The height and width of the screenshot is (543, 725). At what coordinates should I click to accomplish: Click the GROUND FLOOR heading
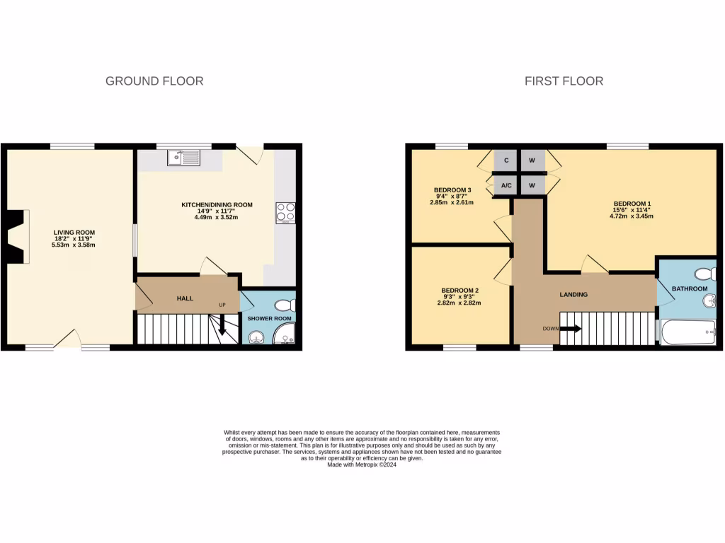pyautogui.click(x=154, y=81)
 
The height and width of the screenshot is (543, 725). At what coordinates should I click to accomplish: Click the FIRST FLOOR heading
pyautogui.click(x=564, y=81)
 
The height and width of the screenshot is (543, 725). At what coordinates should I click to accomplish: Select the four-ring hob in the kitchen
pyautogui.click(x=285, y=212)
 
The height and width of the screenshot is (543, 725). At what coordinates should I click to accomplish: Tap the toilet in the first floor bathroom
pyautogui.click(x=705, y=274)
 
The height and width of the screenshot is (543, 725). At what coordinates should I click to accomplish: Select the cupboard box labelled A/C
pyautogui.click(x=506, y=185)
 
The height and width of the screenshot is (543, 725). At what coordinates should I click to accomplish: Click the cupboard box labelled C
pyautogui.click(x=506, y=160)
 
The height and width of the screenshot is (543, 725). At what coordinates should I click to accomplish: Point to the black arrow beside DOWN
pyautogui.click(x=572, y=329)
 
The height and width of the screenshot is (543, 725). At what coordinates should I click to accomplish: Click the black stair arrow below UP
pyautogui.click(x=222, y=326)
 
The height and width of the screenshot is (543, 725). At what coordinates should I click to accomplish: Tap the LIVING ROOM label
pyautogui.click(x=74, y=232)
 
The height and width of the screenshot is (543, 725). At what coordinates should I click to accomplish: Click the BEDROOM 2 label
pyautogui.click(x=460, y=291)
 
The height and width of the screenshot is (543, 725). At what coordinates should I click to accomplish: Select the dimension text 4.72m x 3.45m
pyautogui.click(x=632, y=216)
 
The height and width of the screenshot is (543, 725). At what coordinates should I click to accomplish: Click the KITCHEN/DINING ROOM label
pyautogui.click(x=217, y=205)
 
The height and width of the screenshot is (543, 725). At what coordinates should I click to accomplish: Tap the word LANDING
pyautogui.click(x=573, y=295)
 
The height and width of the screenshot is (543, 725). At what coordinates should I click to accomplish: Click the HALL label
pyautogui.click(x=185, y=298)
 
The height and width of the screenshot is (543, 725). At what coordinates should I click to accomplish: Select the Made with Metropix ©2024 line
pyautogui.click(x=362, y=465)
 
